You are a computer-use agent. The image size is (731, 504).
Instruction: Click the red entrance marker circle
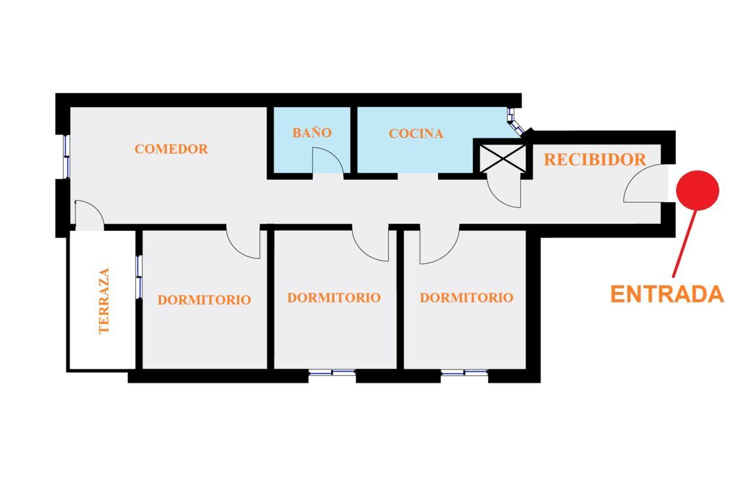point(698,190)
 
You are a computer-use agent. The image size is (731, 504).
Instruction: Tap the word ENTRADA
point(667,295)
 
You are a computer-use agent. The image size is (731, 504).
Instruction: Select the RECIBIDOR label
point(595,159)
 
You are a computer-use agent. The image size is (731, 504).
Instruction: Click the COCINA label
point(416,134)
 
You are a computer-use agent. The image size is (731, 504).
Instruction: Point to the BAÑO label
point(312,133)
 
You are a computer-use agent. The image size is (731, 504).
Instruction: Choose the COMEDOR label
point(171,149)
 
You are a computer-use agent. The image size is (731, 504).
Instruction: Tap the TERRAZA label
point(104,301)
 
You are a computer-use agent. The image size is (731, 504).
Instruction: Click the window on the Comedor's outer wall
point(67,156)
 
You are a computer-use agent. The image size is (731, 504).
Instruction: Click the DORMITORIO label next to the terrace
point(204,299)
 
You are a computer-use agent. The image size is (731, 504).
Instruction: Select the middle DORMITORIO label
point(334,298)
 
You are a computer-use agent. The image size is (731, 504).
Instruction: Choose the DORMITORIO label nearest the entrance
point(467,298)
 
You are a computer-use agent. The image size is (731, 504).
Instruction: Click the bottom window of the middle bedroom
point(332,372)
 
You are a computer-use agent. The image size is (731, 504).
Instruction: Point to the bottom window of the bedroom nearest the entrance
point(464,372)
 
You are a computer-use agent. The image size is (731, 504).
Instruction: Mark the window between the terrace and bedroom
point(139,277)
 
